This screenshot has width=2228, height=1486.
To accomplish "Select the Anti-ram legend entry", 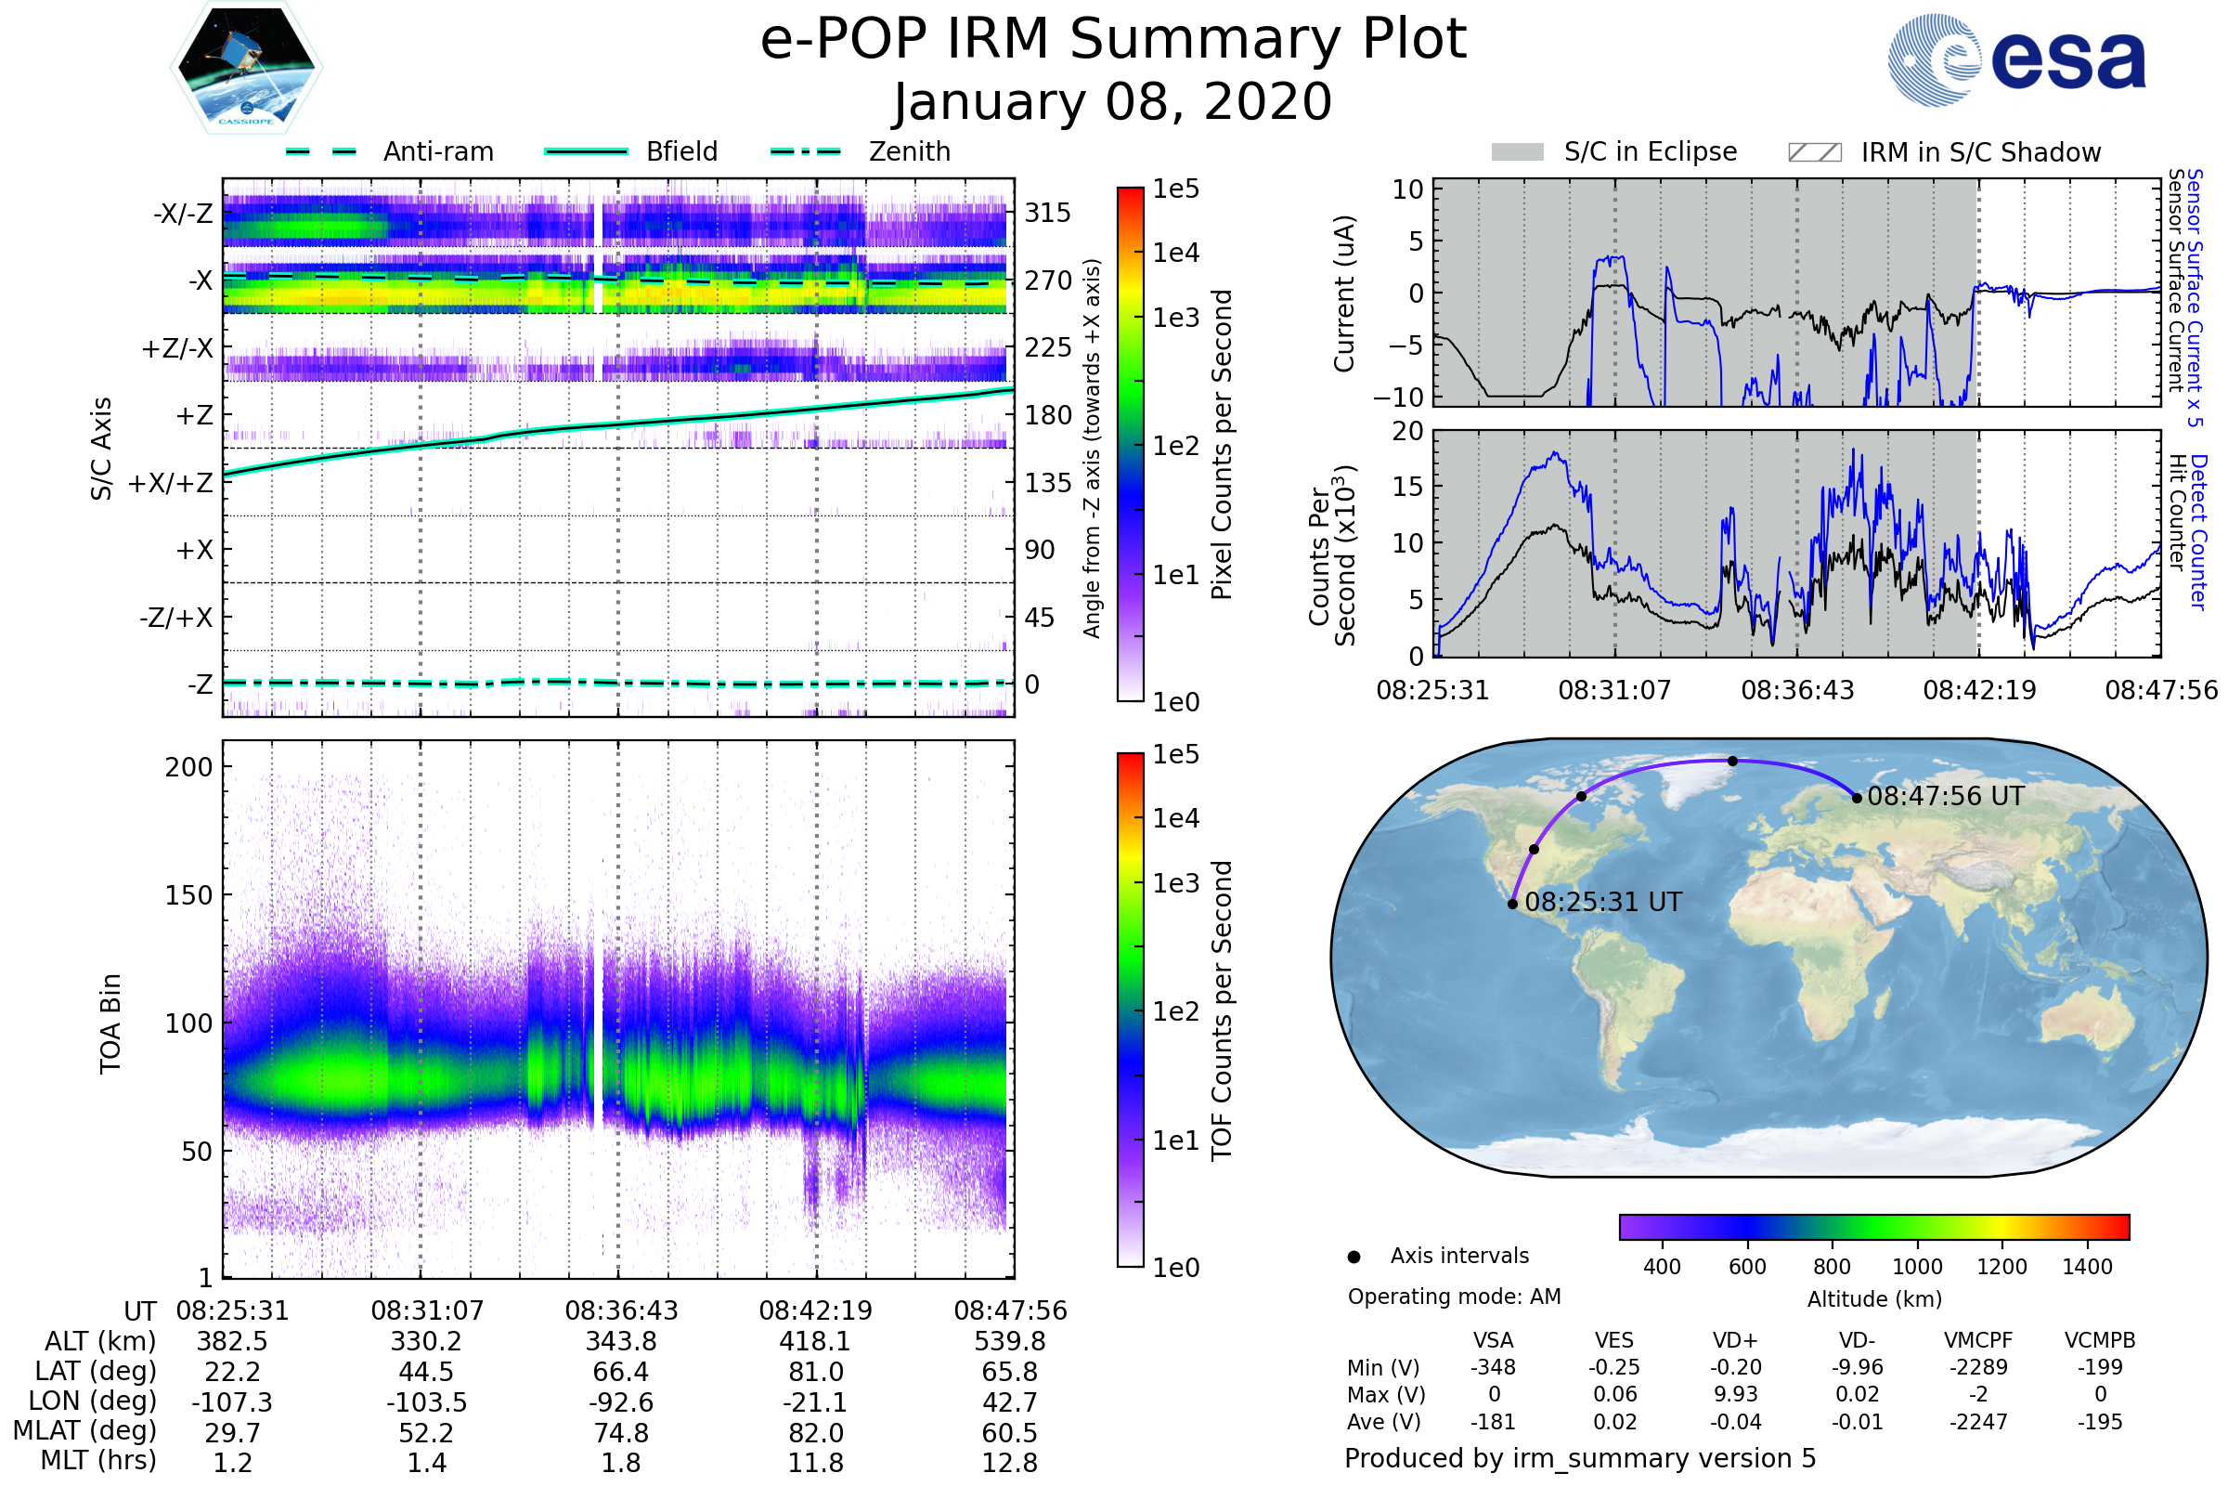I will (x=437, y=151).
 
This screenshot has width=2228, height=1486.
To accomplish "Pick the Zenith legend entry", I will (x=909, y=151).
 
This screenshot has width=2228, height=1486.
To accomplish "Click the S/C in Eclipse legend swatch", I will (x=1517, y=152).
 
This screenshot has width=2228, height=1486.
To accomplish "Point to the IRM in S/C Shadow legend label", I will (x=1980, y=152).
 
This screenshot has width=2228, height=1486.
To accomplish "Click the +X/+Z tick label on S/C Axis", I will (x=171, y=483).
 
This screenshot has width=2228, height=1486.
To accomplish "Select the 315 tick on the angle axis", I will (x=1047, y=213).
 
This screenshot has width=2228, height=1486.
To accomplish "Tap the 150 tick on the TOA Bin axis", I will (x=188, y=895).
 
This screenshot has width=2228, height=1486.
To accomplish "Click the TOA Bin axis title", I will (x=110, y=1023).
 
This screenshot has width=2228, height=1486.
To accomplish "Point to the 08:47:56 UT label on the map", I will (x=1946, y=796).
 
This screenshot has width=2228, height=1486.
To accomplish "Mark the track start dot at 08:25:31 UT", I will (x=1513, y=904).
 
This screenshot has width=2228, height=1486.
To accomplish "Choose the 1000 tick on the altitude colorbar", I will (x=1917, y=1267).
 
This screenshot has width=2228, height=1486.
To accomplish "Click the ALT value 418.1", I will (x=816, y=1342).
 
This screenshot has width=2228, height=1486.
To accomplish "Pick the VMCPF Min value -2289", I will (x=1978, y=1367).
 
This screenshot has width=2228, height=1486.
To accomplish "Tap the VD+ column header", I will (x=1735, y=1340).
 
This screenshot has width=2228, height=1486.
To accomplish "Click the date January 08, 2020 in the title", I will (x=1113, y=102).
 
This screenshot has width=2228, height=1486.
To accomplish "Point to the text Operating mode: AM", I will (x=1454, y=1297).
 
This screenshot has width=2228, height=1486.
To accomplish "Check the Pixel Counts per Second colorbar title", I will (x=1222, y=445).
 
